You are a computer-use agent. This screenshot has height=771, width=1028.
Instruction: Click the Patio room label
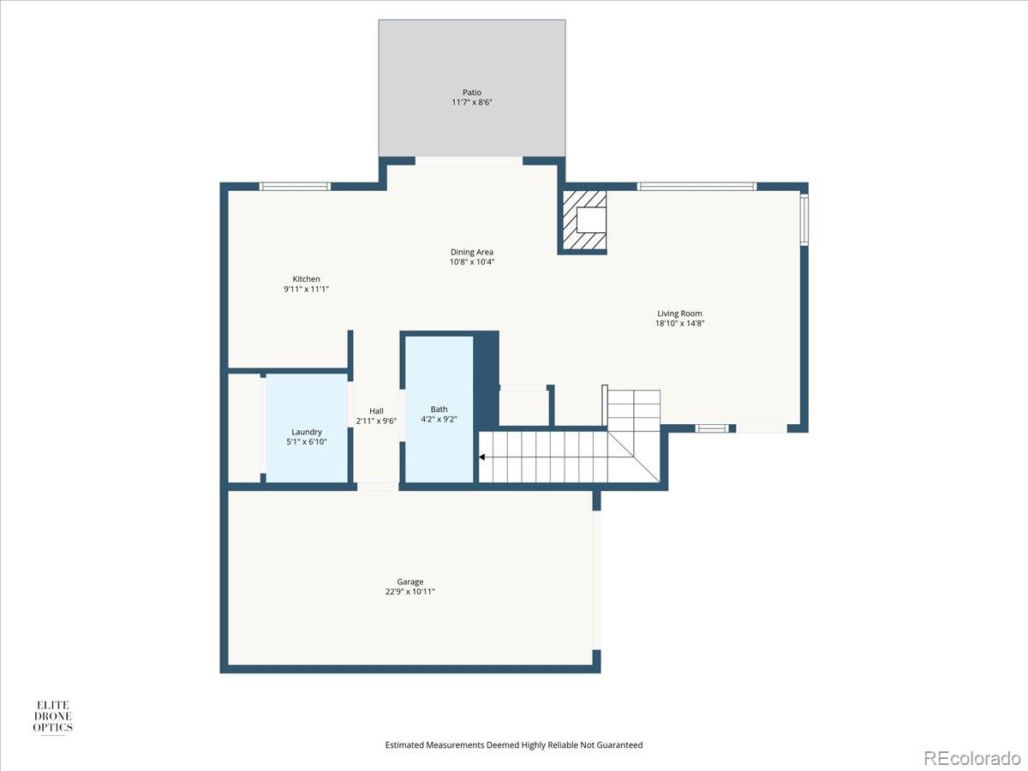click(472, 93)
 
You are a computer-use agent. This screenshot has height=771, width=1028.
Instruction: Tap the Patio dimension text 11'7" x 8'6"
click(472, 103)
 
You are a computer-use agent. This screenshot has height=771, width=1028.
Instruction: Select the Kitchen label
click(307, 279)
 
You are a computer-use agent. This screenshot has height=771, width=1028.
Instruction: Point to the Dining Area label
click(472, 252)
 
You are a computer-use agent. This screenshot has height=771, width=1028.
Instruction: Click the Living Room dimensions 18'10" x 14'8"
click(680, 323)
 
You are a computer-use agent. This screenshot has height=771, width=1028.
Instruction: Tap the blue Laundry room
click(306, 427)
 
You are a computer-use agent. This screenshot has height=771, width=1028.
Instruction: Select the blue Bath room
click(439, 409)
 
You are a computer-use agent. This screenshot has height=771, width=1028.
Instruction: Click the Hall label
click(376, 410)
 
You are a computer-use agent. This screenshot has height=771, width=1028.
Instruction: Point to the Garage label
click(409, 582)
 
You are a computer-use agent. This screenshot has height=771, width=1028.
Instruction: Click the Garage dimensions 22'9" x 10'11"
click(409, 592)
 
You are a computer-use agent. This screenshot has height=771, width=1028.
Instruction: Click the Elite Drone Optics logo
click(52, 717)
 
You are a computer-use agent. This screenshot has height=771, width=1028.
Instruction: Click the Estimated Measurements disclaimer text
click(514, 745)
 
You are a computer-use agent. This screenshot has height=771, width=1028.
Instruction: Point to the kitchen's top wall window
click(295, 186)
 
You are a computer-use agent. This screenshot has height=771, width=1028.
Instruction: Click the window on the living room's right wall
click(804, 220)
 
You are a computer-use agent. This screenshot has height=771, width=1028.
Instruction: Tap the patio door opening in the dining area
click(469, 161)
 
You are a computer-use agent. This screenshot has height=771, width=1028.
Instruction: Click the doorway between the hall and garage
click(378, 487)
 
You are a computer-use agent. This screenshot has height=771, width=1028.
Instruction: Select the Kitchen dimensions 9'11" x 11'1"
click(307, 290)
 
